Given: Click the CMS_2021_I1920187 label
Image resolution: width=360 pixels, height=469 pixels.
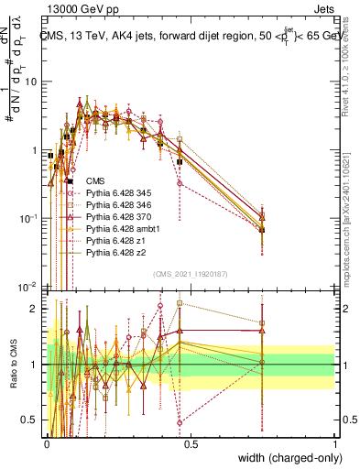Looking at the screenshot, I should point(190,274).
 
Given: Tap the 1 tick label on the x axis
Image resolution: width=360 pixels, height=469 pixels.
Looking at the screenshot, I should point(335,443).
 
